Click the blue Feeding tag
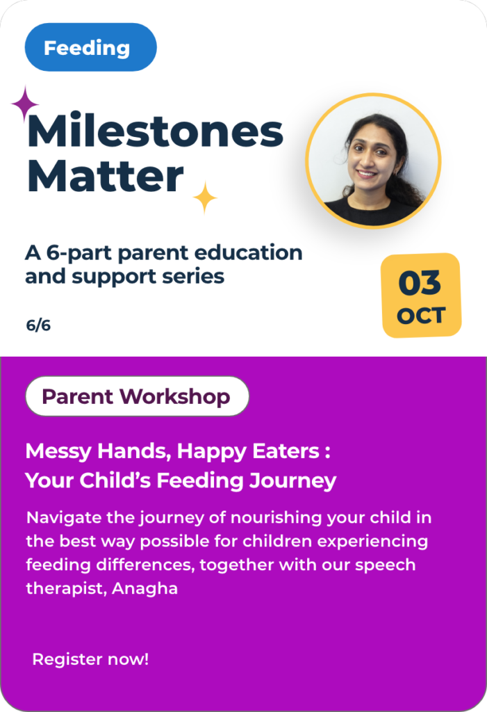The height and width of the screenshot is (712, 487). click(91, 47)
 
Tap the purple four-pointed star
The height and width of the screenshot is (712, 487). click(25, 104)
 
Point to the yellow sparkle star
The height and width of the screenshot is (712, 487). click(205, 197)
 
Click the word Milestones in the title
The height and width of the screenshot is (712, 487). click(155, 131)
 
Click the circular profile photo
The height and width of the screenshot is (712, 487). click(373, 161)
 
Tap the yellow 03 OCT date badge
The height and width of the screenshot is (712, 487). click(421, 295)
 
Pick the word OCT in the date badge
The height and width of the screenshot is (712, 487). click(421, 316)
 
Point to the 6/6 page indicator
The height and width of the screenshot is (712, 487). click(38, 325)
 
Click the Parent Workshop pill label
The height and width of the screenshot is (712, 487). click(137, 396)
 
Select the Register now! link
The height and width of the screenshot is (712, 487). click(90, 659)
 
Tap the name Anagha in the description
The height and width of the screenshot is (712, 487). click(145, 589)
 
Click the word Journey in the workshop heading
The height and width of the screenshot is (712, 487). click(292, 481)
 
